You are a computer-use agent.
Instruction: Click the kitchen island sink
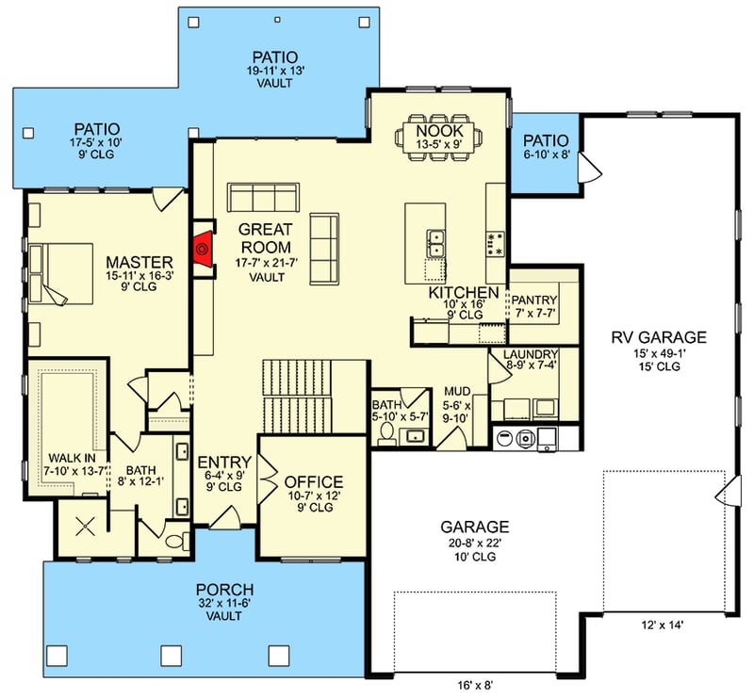(x=435, y=243)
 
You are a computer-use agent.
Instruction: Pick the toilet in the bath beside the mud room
(x=385, y=432)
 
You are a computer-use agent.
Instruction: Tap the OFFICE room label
(x=314, y=482)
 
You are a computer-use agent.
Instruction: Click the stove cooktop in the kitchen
(x=493, y=244)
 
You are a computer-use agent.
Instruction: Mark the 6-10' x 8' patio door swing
(x=587, y=168)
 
